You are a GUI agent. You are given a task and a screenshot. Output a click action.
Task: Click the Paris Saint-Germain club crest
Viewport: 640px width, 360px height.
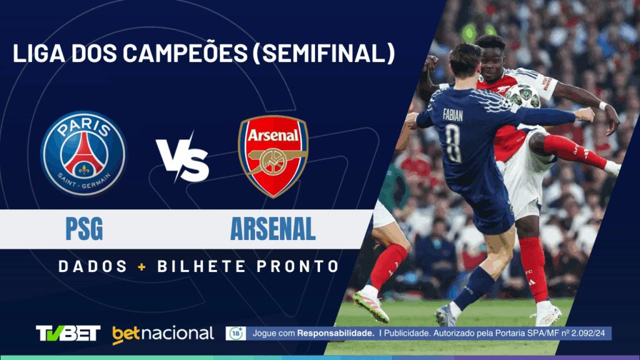click(x=84, y=154)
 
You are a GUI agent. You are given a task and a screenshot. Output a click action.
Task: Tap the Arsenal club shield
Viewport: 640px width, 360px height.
click(x=273, y=156)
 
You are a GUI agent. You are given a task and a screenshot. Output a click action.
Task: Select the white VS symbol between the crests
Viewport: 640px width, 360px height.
click(x=183, y=157)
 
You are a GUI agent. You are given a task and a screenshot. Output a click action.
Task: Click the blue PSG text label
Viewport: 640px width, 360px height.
click(x=84, y=229)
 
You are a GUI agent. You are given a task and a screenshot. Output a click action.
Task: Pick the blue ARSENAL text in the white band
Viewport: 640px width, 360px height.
click(x=273, y=229)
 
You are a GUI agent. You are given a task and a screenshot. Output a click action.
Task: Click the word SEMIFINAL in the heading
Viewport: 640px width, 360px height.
click(x=324, y=53)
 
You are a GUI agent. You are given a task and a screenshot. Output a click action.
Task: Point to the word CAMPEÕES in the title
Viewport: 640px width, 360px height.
click(x=185, y=53)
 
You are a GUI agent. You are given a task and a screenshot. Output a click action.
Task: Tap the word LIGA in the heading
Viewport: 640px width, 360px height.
click(x=39, y=53)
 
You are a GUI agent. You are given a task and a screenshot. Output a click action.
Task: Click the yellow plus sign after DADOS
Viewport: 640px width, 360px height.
click(x=142, y=267)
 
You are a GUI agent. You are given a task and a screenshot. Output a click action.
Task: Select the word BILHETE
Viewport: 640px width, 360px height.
click(x=202, y=266)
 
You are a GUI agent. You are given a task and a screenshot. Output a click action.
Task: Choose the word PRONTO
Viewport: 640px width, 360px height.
click(x=298, y=266)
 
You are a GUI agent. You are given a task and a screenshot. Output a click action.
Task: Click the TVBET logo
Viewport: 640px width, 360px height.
click(x=68, y=333)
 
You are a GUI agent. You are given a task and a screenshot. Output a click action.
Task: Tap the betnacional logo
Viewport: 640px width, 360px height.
click(x=163, y=334)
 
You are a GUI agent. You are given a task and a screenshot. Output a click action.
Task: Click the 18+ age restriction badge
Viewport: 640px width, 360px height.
click(x=236, y=334)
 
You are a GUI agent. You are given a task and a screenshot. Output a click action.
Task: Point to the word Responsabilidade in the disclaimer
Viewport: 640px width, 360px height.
click(x=336, y=333)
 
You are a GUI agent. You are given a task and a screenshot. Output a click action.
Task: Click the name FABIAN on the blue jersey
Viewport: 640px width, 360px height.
click(x=453, y=115)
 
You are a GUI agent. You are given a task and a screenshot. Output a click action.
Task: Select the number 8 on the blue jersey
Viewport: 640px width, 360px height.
click(x=454, y=143)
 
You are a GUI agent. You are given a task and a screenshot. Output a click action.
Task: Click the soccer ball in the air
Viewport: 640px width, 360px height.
click(x=522, y=96)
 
